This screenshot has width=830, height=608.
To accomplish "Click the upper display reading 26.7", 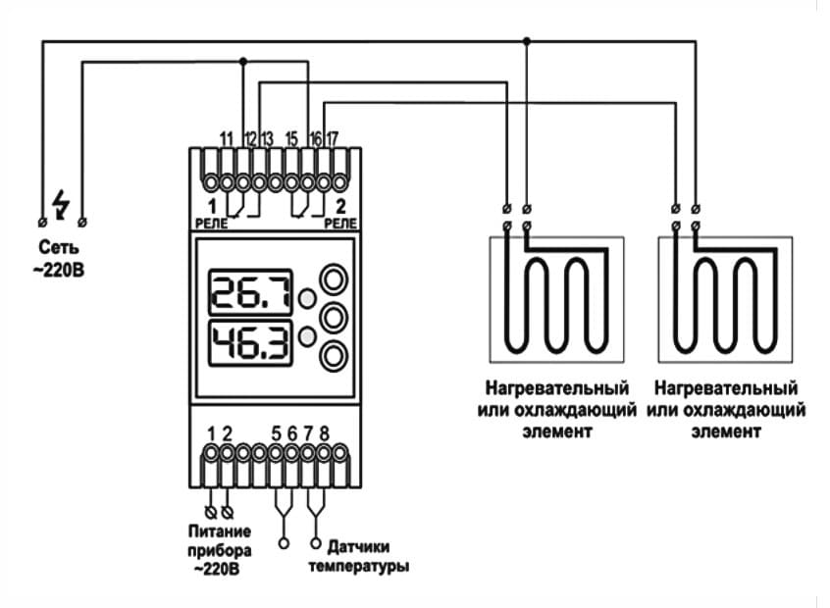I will [250, 292].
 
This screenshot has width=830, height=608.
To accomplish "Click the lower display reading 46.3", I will [250, 343].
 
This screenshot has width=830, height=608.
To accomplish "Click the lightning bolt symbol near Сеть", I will [62, 203].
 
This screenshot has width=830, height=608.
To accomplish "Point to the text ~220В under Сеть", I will [61, 266].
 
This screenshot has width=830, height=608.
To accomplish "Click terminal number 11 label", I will [226, 137].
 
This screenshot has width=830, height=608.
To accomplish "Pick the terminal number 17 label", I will [333, 137].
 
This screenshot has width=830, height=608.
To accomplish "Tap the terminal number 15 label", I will [291, 137].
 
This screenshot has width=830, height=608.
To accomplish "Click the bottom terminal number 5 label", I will [276, 432].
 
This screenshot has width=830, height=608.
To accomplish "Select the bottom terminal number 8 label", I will [324, 432].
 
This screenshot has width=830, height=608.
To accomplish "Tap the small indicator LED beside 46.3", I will [307, 336].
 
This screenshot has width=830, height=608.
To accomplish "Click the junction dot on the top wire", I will [527, 40].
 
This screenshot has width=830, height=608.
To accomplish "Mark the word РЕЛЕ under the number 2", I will [340, 224].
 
